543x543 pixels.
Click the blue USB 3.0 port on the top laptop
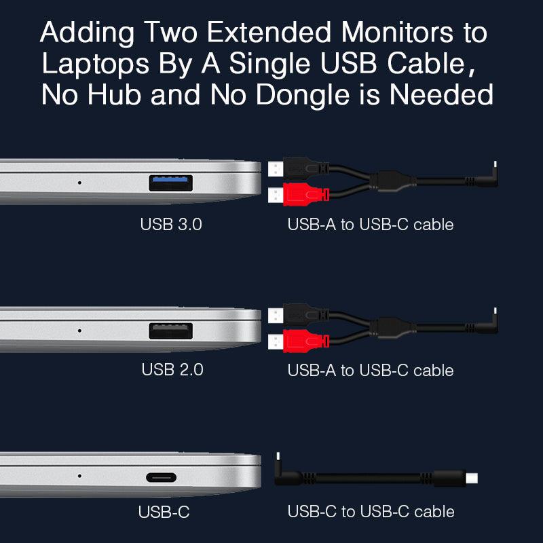171,183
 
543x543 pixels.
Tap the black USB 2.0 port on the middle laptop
171,331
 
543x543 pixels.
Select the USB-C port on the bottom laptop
161,478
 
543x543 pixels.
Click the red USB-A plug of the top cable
299,195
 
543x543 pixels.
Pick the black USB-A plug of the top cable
299,168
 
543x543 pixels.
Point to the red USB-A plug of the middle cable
299,341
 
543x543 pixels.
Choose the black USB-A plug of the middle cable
299,315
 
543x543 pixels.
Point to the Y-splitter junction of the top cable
392,181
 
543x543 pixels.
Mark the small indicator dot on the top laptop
79,183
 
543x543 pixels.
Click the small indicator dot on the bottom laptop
79,476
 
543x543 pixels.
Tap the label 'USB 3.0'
171,225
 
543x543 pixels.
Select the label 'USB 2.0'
172,370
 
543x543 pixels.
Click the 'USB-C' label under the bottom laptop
164,512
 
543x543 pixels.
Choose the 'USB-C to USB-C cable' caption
371,512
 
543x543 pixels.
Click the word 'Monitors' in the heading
397,33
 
